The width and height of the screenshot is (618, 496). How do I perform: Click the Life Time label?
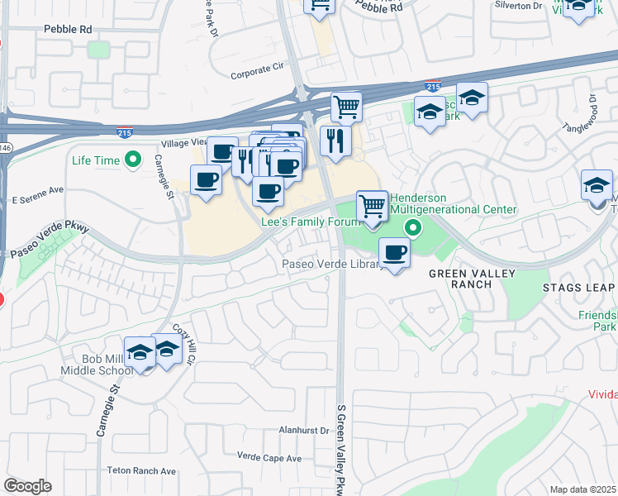[x=97, y=160]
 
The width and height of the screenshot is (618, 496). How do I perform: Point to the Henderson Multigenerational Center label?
[x=453, y=204]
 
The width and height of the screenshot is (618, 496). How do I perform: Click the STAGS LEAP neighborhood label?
[x=579, y=288]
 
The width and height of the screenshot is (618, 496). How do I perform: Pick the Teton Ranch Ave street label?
[x=142, y=470]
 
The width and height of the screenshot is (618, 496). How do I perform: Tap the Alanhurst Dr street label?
[x=304, y=431]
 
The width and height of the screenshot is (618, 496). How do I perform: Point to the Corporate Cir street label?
[x=257, y=72]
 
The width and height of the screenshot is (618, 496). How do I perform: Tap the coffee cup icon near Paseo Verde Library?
[x=394, y=252]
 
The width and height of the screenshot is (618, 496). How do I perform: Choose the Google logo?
[x=27, y=486]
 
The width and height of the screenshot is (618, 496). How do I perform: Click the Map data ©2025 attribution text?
[x=583, y=489]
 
